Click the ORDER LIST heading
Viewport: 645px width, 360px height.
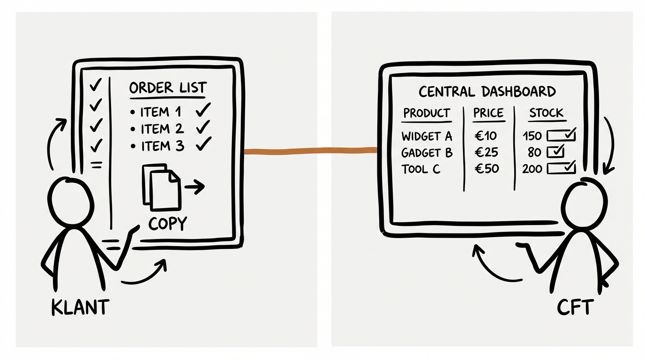[x=167, y=88]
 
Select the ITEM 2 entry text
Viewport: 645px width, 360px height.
[x=163, y=129]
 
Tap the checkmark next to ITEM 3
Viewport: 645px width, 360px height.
[x=203, y=145]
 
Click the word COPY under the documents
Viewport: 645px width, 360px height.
[x=167, y=224]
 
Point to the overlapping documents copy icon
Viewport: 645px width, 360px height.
[x=161, y=186]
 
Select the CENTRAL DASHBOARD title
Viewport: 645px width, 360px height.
[x=487, y=91]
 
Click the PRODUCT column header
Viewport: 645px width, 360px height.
[x=426, y=113]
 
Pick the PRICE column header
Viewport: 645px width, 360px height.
[x=488, y=113]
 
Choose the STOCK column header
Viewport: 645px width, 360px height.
[x=546, y=113]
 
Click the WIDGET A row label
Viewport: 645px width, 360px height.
[x=427, y=136]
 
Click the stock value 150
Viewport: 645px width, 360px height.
[x=532, y=136]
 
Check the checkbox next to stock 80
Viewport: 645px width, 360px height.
[x=555, y=152]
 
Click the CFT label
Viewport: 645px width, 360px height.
[x=575, y=308]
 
